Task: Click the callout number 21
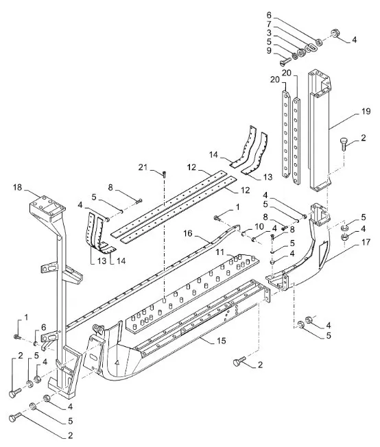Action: (x=143, y=167)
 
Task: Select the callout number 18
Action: (x=17, y=187)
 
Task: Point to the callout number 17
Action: (x=366, y=242)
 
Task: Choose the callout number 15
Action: (x=221, y=341)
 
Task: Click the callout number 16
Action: (x=188, y=234)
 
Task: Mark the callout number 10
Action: (x=259, y=227)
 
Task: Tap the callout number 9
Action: (x=269, y=51)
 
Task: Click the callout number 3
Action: (x=269, y=32)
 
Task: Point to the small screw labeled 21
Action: (x=165, y=174)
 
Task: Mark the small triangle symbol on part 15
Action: (x=116, y=363)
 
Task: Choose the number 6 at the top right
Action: (x=269, y=14)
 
